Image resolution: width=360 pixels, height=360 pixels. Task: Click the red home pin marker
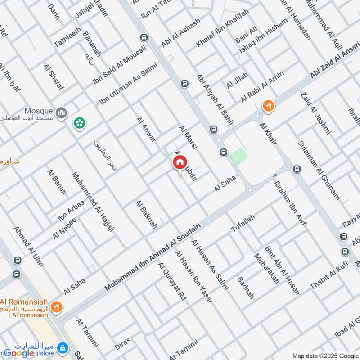180,162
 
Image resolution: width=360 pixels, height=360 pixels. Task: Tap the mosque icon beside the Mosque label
61,111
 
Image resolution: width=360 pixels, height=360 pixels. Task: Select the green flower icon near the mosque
80,122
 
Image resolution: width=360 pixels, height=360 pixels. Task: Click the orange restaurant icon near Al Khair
268,106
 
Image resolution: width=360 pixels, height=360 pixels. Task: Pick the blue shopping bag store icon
63,348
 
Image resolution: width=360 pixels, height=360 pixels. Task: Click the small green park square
238,156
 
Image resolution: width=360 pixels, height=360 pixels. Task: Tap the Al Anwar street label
146,130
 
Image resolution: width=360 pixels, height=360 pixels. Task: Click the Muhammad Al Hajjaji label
93,202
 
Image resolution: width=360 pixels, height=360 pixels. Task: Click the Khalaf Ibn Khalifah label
222,34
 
